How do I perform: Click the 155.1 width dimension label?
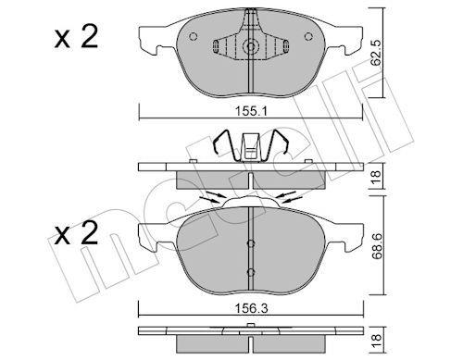[251, 111]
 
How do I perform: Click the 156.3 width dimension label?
[251, 308]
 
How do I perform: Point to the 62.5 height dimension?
[376, 53]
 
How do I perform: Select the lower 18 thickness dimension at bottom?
[377, 341]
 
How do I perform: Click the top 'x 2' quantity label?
[76, 37]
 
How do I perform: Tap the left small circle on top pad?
[194, 37]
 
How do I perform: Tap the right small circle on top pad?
[308, 37]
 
